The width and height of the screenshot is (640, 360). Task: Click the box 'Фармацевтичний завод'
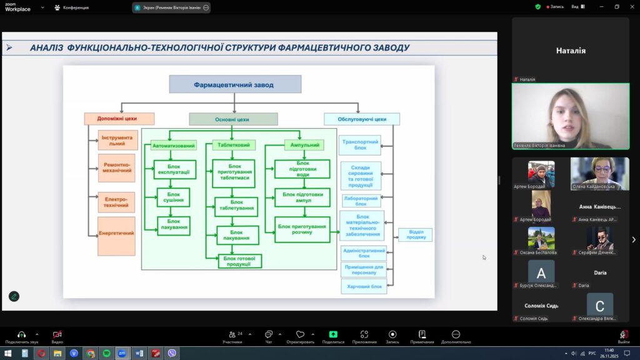[234, 84]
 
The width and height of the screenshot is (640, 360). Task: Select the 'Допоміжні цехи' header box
[119, 119]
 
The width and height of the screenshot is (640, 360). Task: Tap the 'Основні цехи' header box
[233, 119]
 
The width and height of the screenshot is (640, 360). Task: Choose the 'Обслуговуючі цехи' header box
[362, 119]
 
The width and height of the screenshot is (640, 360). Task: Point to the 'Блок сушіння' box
[173, 198]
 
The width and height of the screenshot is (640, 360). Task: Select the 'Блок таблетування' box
[236, 206]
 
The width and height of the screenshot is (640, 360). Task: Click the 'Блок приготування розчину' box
[302, 229]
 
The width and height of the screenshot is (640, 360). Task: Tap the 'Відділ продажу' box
[416, 235]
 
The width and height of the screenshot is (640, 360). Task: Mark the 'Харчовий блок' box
[363, 287]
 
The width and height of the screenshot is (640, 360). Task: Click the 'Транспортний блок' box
[360, 145]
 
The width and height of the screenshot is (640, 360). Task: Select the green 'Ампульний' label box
[305, 146]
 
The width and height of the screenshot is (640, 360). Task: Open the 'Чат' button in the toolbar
[268, 336]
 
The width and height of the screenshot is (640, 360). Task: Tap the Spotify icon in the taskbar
[107, 353]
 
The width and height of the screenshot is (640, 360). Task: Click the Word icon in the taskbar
[139, 353]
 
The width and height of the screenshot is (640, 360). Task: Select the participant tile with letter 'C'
[599, 306]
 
